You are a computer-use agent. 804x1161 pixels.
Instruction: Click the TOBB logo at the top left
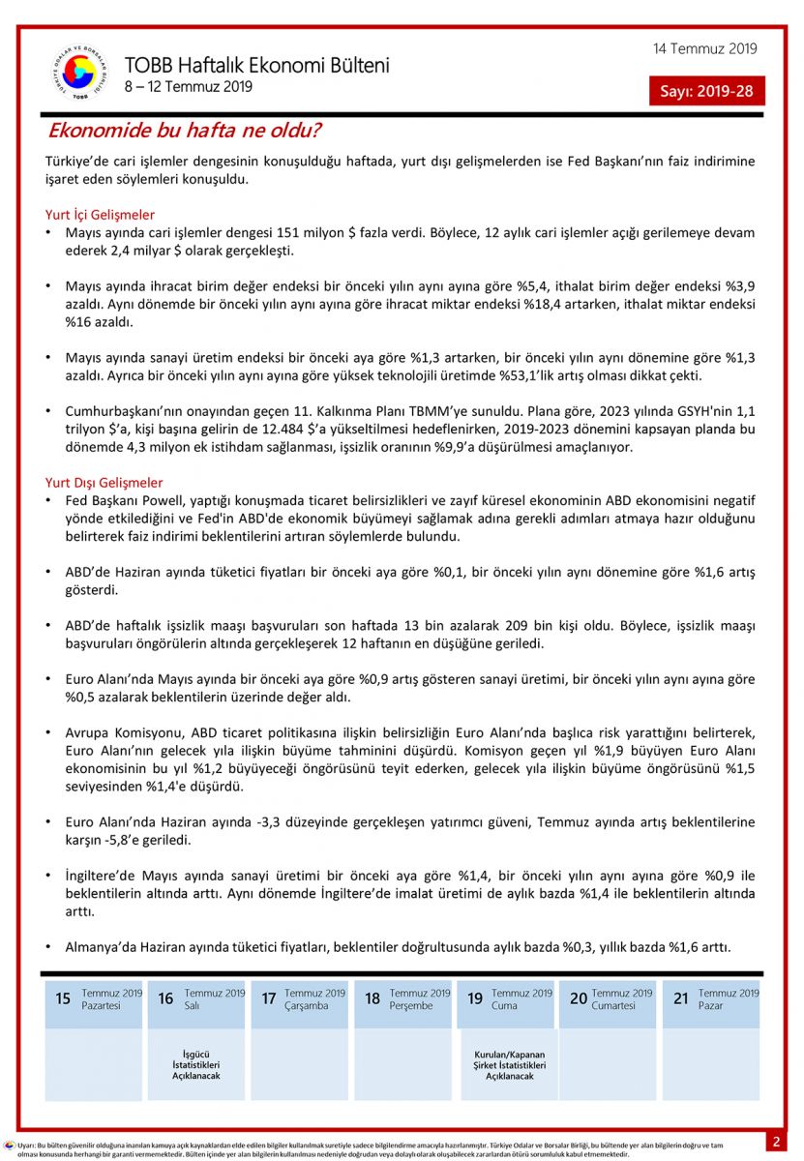[x=79, y=72]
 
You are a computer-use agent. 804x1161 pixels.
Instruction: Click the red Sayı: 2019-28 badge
[x=706, y=92]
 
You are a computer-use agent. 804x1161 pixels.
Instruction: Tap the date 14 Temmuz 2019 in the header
[x=704, y=49]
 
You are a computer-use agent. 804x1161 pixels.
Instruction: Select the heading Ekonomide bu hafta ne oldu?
[x=185, y=131]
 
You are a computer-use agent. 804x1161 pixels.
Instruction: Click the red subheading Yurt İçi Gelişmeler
[x=100, y=215]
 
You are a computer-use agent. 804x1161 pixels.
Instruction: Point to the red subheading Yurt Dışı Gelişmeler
[x=104, y=482]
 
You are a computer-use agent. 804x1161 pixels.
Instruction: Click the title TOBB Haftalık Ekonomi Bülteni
[x=256, y=66]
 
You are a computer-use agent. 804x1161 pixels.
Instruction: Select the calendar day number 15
[x=63, y=999]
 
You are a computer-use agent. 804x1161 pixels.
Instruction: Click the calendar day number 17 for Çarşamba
[x=269, y=999]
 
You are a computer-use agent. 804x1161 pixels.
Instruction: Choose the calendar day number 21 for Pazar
[x=681, y=999]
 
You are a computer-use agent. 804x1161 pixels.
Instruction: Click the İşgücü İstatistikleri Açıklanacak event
[x=196, y=1064]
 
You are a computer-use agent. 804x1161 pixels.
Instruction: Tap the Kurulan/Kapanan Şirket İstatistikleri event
[x=509, y=1064]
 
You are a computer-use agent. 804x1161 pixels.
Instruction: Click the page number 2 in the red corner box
[x=776, y=1142]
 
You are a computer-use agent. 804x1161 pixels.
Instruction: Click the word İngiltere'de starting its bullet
[x=107, y=875]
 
